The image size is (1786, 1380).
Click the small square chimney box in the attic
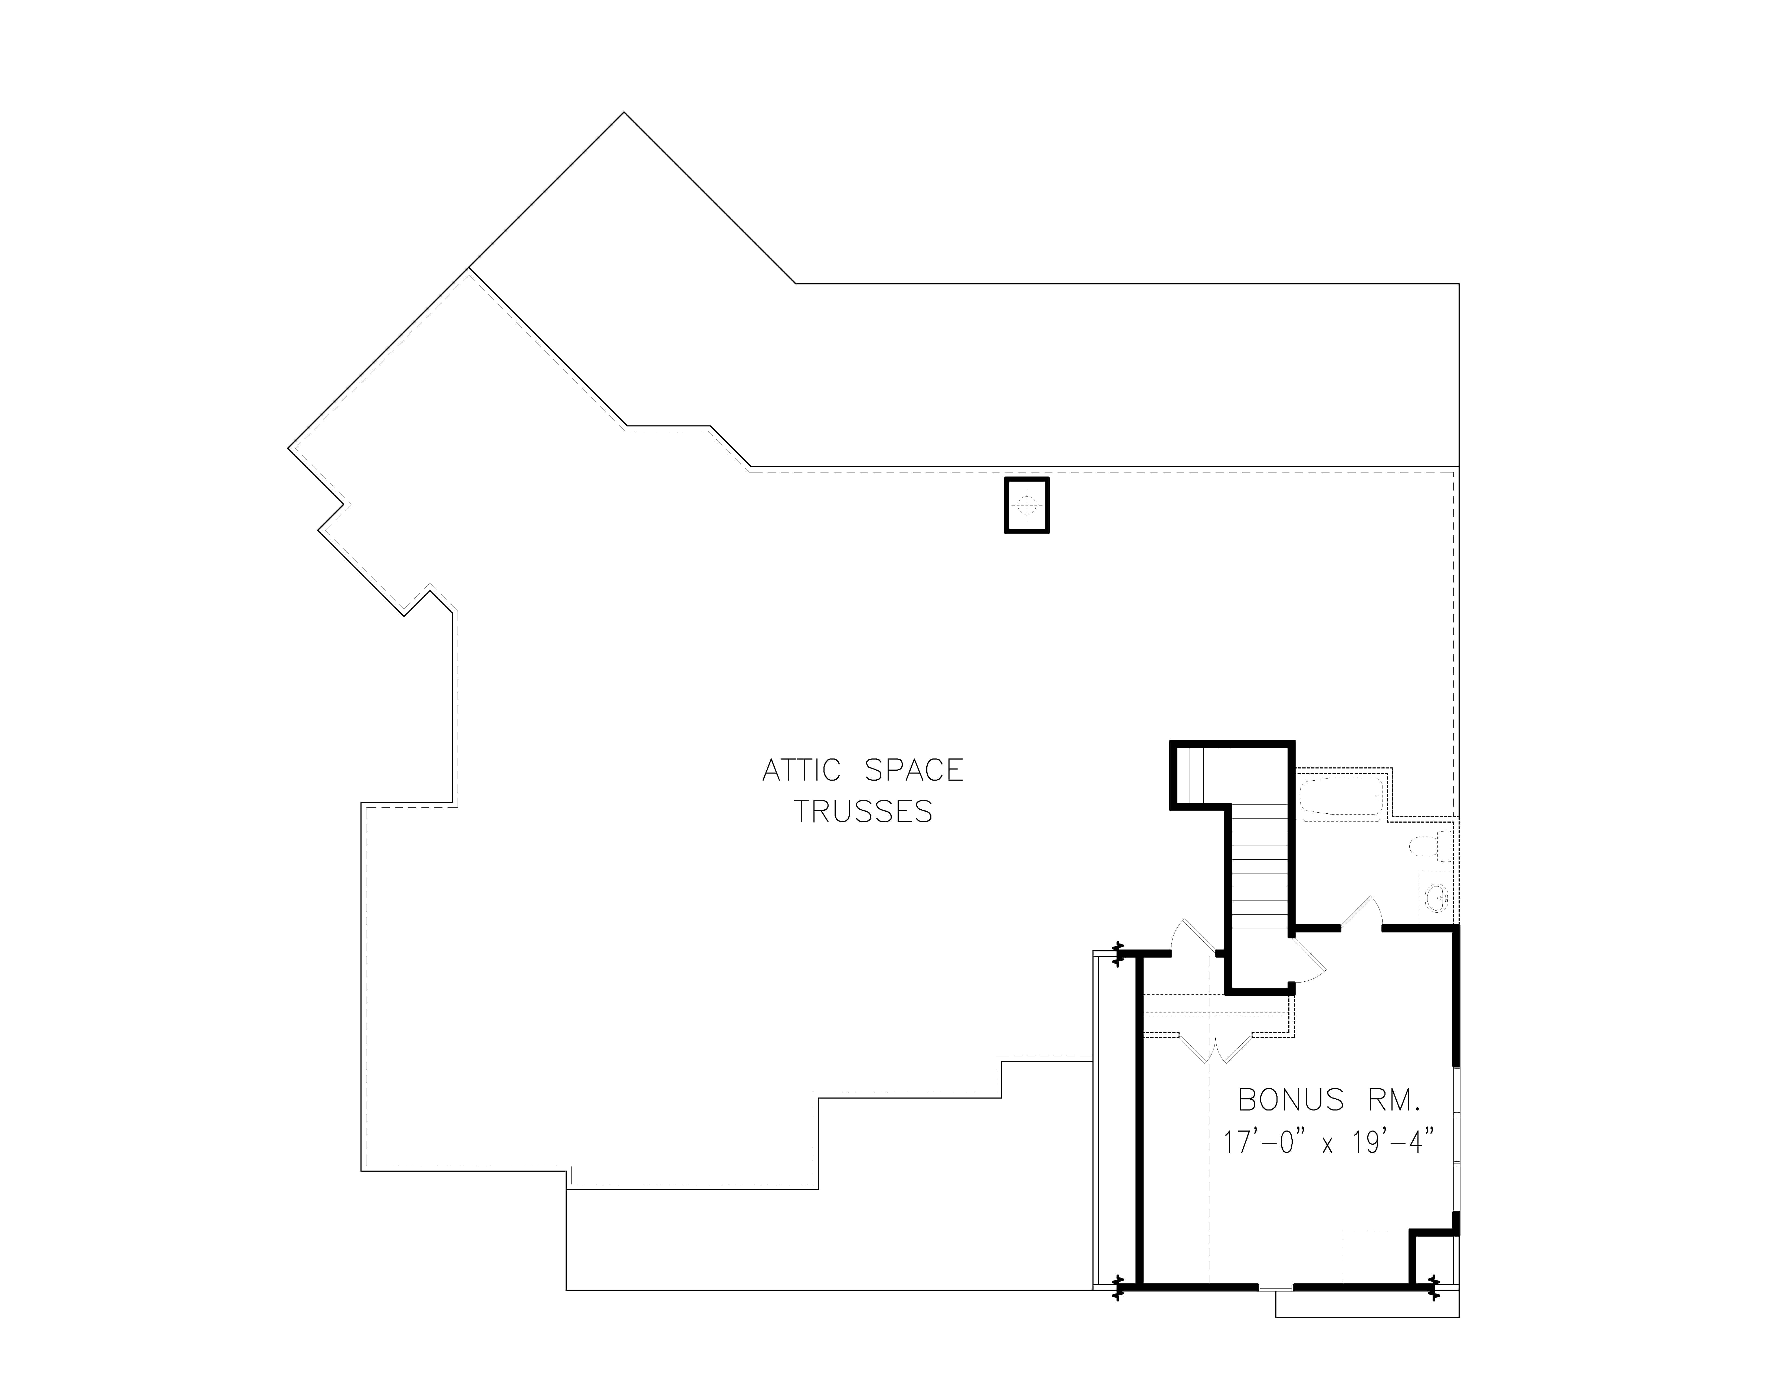[1026, 505]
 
